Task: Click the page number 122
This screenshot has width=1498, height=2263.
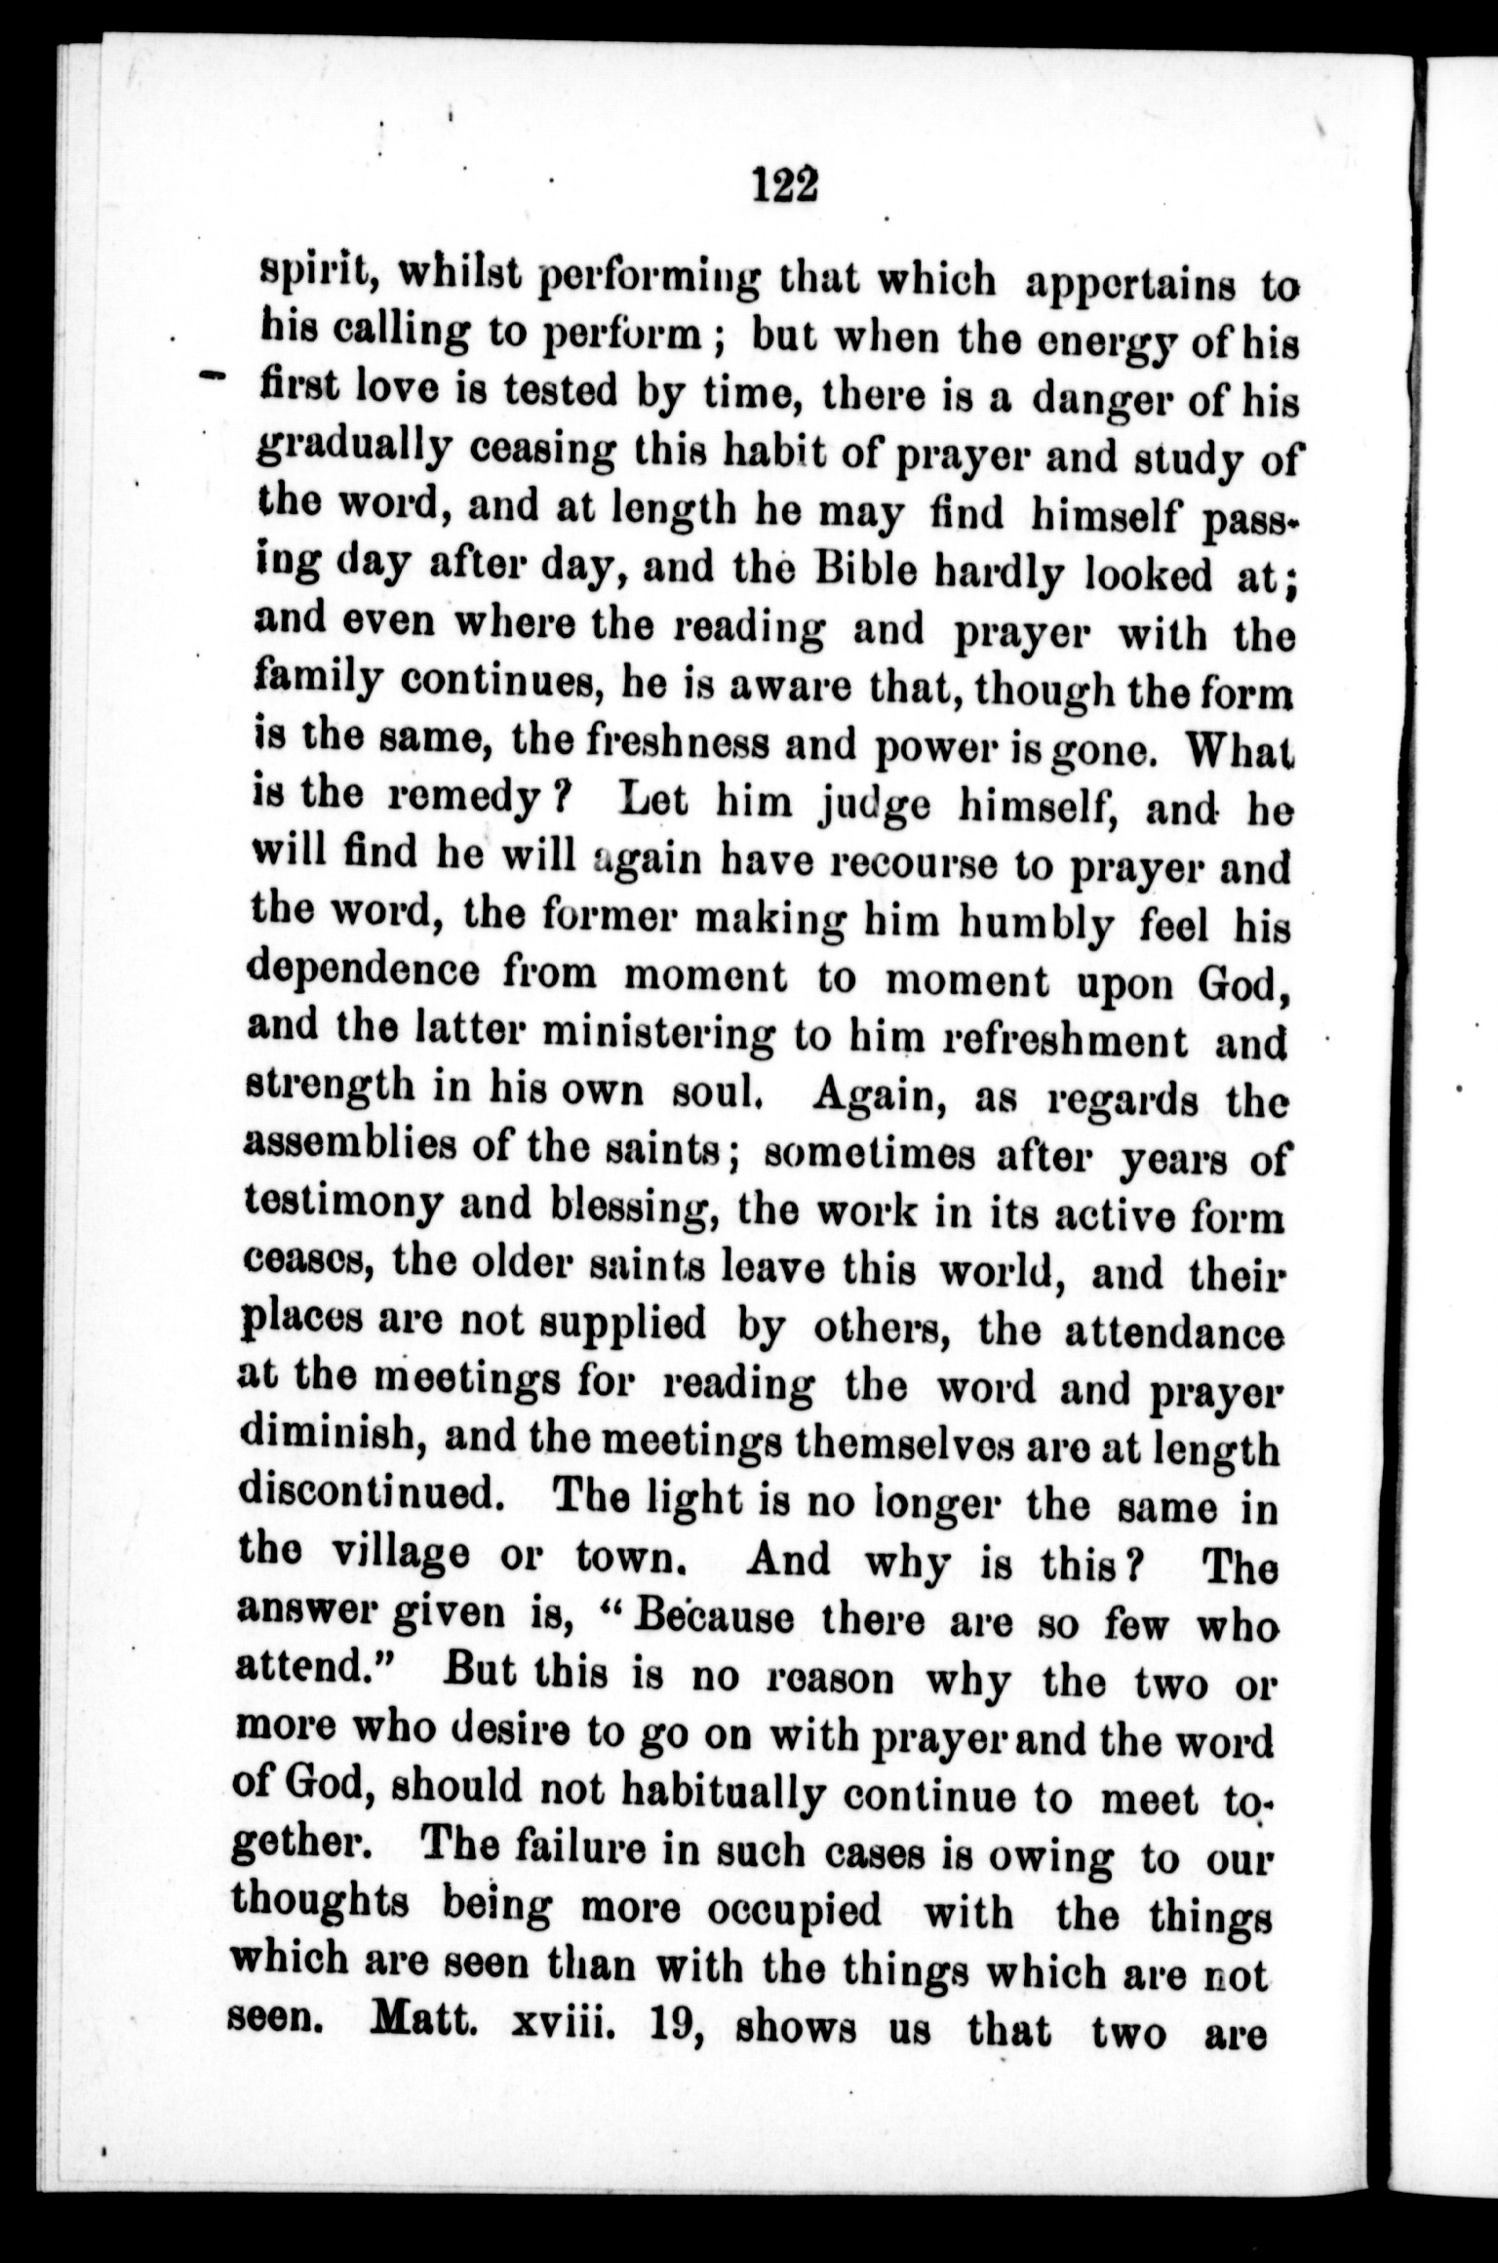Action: click(784, 182)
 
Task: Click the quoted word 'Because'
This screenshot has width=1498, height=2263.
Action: click(713, 1617)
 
